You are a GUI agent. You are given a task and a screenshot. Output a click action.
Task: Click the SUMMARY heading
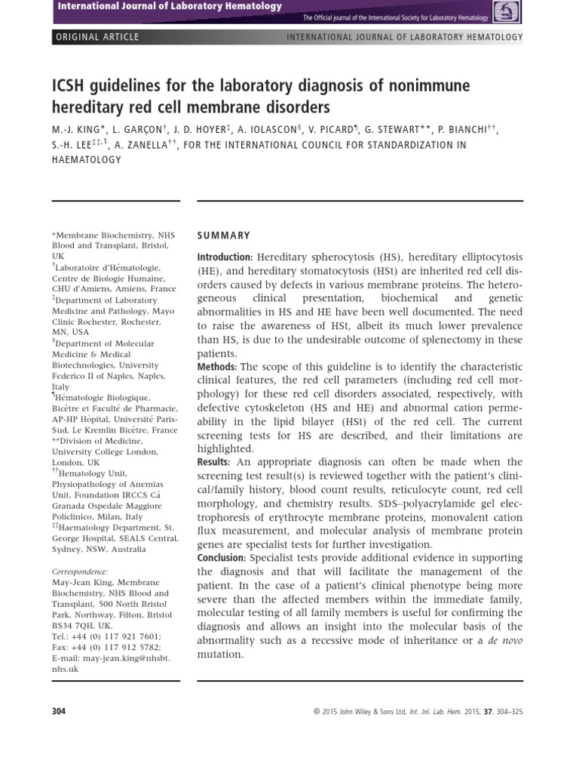tap(223, 236)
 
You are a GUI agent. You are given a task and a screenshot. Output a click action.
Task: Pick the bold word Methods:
tap(217, 366)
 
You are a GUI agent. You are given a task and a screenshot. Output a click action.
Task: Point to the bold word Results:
tap(215, 461)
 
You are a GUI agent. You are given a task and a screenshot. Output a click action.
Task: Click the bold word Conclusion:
tap(222, 558)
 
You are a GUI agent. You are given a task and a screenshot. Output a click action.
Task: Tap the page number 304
tap(59, 711)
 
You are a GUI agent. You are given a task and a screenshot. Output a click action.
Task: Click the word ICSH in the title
tap(69, 85)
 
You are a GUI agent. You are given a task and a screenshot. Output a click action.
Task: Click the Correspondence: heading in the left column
tap(80, 572)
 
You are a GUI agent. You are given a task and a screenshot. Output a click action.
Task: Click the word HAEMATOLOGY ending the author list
tap(86, 160)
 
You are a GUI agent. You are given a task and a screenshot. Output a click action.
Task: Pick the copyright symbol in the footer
tap(316, 712)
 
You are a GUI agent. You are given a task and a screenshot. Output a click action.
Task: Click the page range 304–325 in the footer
tap(505, 712)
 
